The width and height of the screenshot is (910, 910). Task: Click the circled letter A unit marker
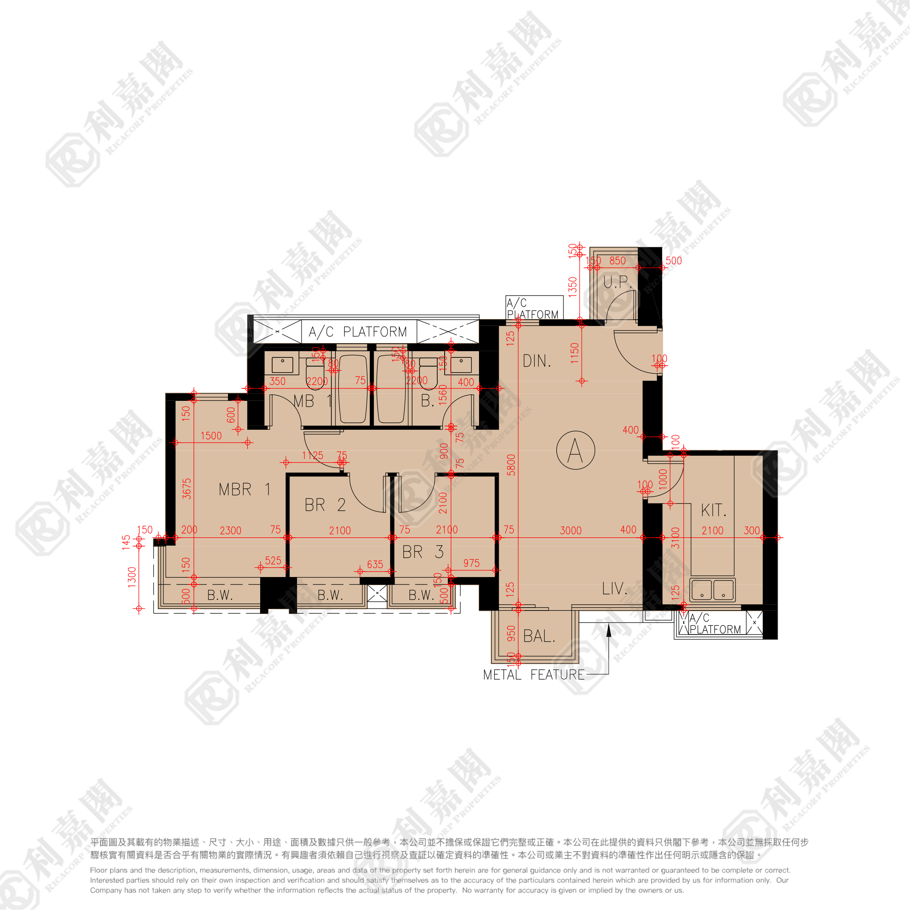coord(575,450)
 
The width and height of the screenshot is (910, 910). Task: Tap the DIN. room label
coord(536,361)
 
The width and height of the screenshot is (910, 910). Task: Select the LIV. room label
coord(614,588)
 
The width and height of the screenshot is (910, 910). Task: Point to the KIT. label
coord(713,510)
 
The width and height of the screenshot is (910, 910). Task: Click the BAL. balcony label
coord(539,636)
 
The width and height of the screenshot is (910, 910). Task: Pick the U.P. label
coord(617,283)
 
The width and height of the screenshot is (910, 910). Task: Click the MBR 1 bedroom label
coord(244,489)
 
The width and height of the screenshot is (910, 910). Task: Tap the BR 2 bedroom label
coord(325,505)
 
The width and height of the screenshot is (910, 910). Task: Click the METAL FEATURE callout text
coord(533,675)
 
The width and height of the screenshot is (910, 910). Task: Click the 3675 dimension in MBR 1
coord(187,489)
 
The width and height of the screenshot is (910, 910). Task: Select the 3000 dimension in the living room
coord(570,530)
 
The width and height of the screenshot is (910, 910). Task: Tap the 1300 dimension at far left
coord(132,577)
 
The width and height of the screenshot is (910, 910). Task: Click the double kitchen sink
coord(712,590)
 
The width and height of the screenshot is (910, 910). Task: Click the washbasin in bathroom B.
coord(461,364)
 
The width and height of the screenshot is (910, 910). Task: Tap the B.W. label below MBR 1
coord(220,595)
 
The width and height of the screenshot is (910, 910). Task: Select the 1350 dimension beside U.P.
coord(572,287)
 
